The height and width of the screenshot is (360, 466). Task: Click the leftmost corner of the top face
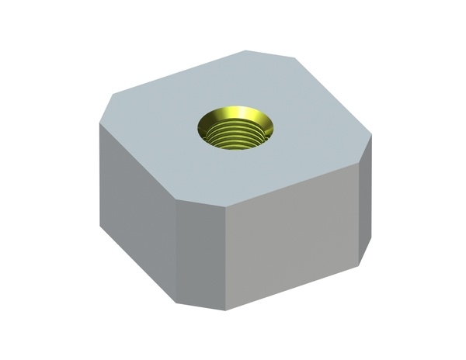[99, 124]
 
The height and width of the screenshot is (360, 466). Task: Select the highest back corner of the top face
[247, 50]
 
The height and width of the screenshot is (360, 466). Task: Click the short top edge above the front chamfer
[202, 202]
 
